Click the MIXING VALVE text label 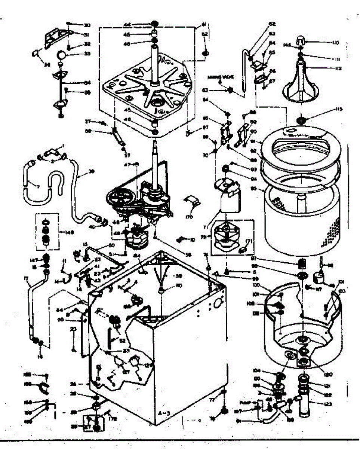coord(221,77)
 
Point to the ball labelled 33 coord(61,55)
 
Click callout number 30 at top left coord(87,25)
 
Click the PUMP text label coord(244,403)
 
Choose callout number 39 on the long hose coord(92,172)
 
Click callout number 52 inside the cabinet coord(122,341)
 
